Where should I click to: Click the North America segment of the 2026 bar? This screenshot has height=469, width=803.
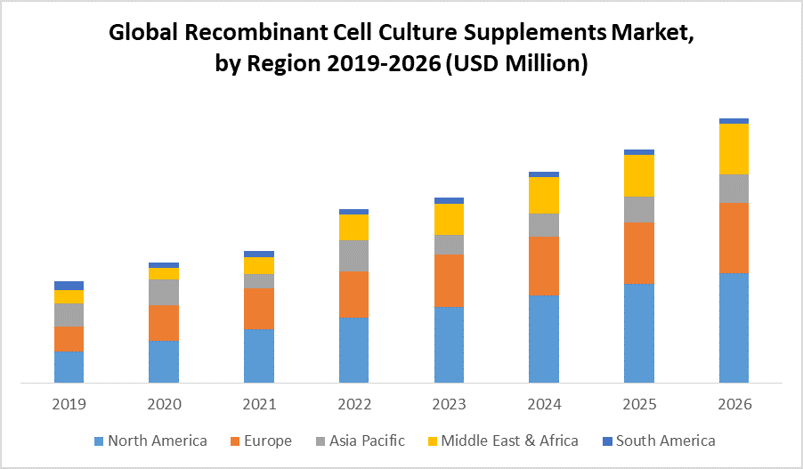coord(734,327)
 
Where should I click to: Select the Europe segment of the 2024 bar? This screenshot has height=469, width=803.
coord(544,265)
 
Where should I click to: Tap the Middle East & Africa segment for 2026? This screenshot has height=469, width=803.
coord(734,149)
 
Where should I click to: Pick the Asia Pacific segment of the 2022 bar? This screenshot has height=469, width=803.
coord(354,255)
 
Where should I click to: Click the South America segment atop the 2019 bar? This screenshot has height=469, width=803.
coord(69,286)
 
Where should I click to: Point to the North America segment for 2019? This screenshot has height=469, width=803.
coord(69,367)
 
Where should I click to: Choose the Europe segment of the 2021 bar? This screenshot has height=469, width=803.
coord(259,308)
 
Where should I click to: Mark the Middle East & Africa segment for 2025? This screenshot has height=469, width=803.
coord(639,175)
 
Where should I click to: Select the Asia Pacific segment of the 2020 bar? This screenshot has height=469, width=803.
coord(164,292)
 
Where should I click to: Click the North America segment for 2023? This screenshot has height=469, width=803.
coord(449,344)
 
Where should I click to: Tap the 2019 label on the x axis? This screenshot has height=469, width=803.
coord(69,404)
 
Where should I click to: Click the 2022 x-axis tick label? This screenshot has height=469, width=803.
coord(354,404)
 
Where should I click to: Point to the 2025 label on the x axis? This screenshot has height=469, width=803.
coord(639,404)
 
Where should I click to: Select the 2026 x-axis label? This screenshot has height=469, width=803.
coord(734,404)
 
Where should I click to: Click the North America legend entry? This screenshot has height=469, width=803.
coord(157,441)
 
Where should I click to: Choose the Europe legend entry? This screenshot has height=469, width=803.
coord(267,441)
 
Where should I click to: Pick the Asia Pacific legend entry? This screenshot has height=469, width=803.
coord(366,441)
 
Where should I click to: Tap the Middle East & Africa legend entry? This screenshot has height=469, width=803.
coord(508,441)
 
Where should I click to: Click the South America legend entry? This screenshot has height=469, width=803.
coord(664,441)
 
